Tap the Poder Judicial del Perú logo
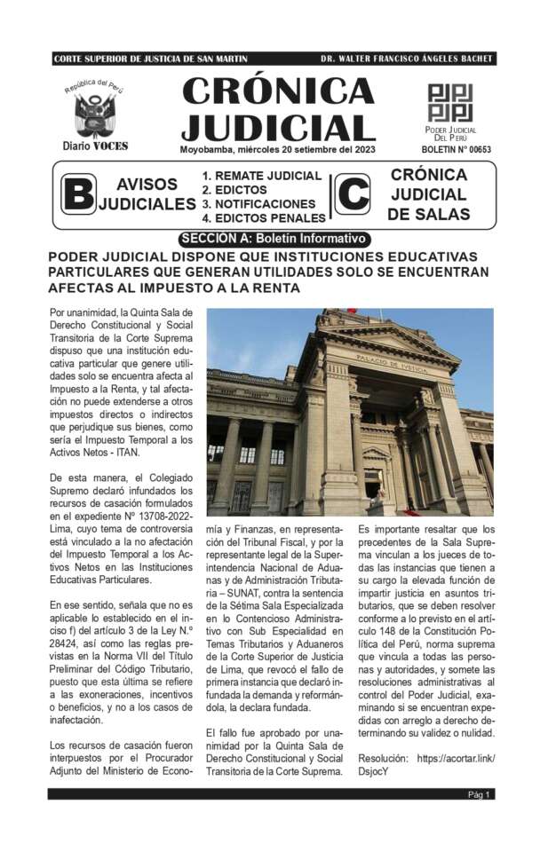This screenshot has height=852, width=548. tap(450, 103)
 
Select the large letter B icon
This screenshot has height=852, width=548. tap(78, 195)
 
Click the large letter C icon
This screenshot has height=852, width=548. tap(353, 195)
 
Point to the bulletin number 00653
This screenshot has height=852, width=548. tap(456, 150)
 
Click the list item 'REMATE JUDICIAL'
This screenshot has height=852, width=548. tap(261, 176)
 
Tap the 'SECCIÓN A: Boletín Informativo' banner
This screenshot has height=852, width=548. tap(273, 239)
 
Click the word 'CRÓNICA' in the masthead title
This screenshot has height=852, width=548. tap(278, 91)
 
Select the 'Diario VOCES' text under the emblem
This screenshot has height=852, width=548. tap(94, 146)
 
